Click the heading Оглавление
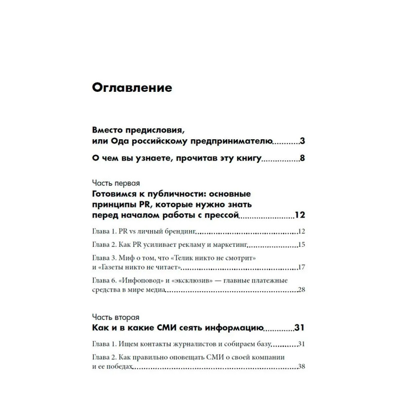pyautogui.click(x=132, y=88)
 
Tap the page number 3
pyautogui.click(x=303, y=142)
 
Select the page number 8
pyautogui.click(x=303, y=159)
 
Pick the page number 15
pyautogui.click(x=302, y=244)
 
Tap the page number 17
pyautogui.click(x=302, y=268)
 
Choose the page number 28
pyautogui.click(x=302, y=290)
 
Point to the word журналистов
pyautogui.click(x=192, y=344)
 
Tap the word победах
pyautogui.click(x=120, y=367)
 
